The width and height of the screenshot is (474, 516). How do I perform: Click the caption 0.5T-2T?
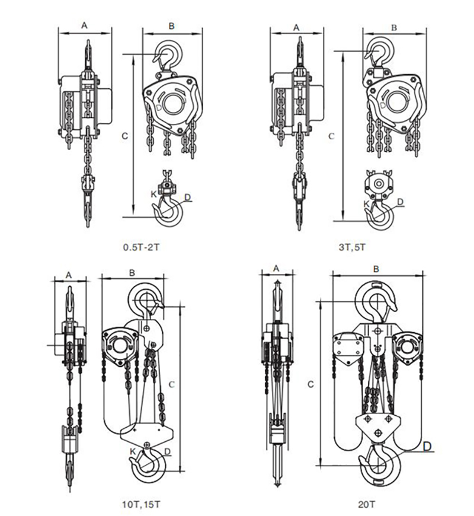click(140, 246)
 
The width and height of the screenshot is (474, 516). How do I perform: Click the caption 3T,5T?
click(353, 246)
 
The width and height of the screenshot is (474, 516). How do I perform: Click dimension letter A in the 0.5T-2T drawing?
click(84, 26)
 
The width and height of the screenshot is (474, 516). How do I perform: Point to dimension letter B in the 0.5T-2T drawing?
click(171, 26)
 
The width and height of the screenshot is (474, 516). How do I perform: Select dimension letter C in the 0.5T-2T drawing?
click(125, 135)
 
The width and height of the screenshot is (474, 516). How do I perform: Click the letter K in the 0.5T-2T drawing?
click(152, 194)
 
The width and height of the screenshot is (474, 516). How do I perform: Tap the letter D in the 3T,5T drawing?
click(401, 202)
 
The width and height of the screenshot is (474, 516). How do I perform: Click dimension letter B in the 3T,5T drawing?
click(393, 27)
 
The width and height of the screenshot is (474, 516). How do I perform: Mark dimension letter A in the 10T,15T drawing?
click(69, 275)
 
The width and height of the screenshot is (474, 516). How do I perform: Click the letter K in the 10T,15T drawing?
click(133, 451)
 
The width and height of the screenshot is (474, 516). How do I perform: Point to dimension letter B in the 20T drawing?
click(376, 269)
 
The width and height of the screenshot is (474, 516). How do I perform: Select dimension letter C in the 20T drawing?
click(310, 385)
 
